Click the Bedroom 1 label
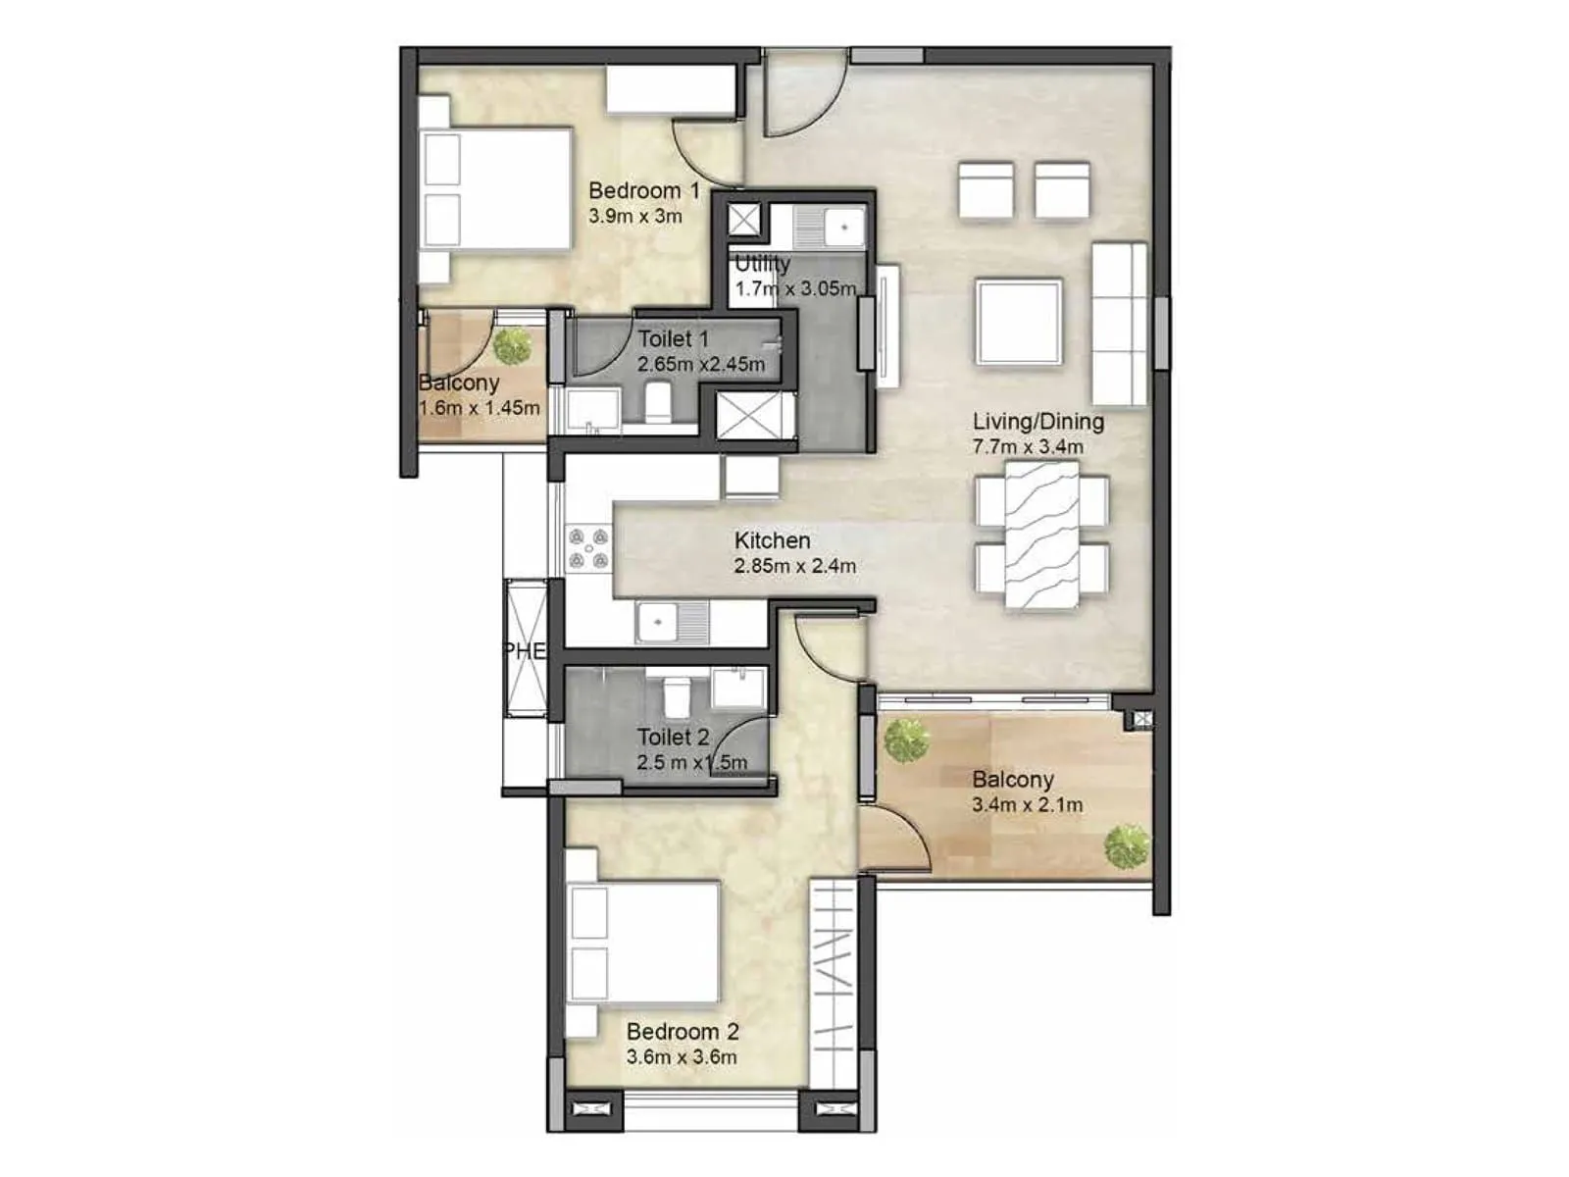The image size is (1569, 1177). click(x=643, y=190)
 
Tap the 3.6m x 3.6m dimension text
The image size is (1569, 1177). click(x=682, y=1057)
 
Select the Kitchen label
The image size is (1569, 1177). click(x=772, y=540)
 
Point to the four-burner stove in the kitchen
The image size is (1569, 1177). click(x=588, y=549)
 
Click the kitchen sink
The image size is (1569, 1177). click(x=672, y=622)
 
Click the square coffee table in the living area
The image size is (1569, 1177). click(x=1019, y=323)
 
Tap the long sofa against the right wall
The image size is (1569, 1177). click(x=1120, y=324)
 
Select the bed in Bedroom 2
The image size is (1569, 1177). click(x=644, y=943)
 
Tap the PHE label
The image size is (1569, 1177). click(x=524, y=651)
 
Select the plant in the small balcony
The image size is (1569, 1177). click(x=512, y=345)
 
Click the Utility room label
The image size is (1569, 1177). click(x=762, y=264)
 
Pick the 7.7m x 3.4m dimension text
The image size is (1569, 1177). click(x=1028, y=447)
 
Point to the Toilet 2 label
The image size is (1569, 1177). click(x=673, y=737)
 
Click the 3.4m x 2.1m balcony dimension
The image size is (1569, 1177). click(x=1027, y=805)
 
